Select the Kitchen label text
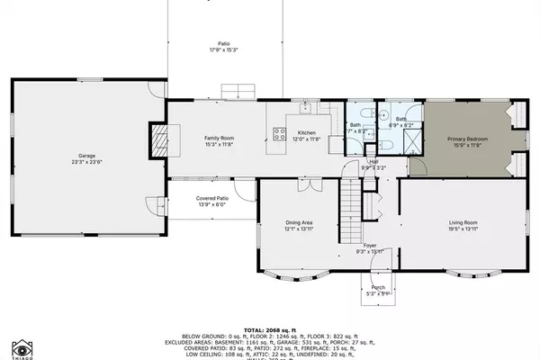click(307, 132)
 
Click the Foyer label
click(369, 245)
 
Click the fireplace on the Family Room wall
click(159, 138)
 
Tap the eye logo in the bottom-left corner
click(22, 347)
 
